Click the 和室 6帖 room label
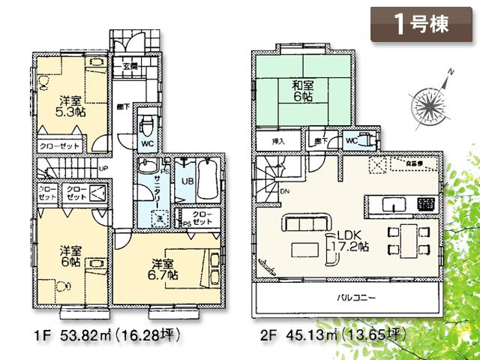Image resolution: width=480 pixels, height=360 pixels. coord(304,90)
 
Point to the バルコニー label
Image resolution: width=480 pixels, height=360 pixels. coord(351,298)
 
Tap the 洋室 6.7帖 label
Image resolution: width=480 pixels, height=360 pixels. coord(163,269)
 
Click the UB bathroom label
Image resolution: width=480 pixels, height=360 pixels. coord(187,181)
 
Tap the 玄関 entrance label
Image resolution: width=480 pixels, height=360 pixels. coord(129,66)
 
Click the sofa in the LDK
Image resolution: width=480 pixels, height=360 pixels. coord(306,223)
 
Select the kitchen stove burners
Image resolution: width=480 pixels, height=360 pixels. coord(425,203)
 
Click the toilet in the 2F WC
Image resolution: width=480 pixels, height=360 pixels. coord(365,138)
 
